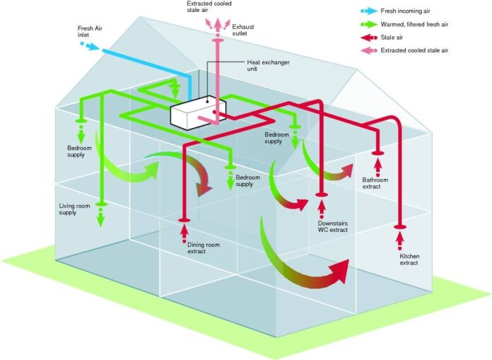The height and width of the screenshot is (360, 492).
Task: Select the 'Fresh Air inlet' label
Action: coord(90,32)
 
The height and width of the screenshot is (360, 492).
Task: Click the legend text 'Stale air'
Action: coord(396,37)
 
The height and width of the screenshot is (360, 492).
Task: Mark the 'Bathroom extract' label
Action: coord(375,182)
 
